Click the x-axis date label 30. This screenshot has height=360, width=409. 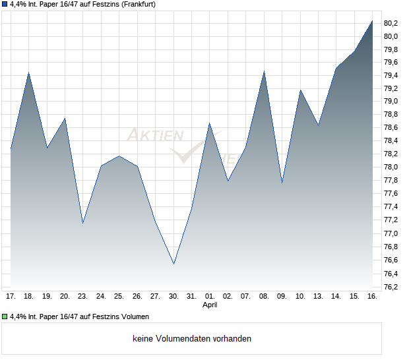[x=173, y=297]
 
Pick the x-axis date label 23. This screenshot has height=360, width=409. [x=82, y=297]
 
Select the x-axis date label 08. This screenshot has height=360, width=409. [x=264, y=297]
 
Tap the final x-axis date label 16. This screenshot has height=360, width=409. [x=372, y=297]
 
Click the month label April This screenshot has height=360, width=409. [x=210, y=305]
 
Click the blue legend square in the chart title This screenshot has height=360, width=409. [x=5, y=5]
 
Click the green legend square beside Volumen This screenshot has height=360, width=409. [x=5, y=316]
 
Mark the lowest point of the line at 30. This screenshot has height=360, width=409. [x=173, y=264]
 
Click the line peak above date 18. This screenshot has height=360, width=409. [x=28, y=73]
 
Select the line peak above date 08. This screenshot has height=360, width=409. [x=264, y=71]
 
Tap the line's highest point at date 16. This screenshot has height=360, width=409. [x=372, y=20]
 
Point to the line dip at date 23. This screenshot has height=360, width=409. [x=82, y=224]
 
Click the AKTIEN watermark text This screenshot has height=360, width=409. [x=155, y=135]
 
